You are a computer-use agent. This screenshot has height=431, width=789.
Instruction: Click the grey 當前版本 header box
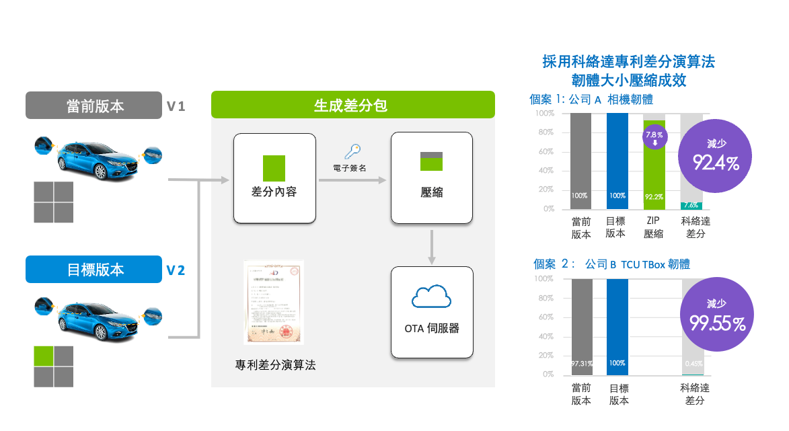(x=93, y=106)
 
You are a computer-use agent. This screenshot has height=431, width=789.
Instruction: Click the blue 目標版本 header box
(x=93, y=270)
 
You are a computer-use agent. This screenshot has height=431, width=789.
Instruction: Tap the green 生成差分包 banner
(x=352, y=105)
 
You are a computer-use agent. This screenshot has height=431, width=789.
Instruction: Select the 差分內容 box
(x=274, y=178)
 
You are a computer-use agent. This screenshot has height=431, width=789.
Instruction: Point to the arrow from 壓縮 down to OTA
(x=431, y=245)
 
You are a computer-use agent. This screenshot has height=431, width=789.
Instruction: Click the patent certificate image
(x=274, y=302)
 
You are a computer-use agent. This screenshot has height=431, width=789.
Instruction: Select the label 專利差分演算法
(x=275, y=365)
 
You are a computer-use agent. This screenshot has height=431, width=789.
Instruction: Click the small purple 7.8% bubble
(x=654, y=138)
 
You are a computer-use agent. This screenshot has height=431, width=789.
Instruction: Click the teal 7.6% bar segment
(x=691, y=206)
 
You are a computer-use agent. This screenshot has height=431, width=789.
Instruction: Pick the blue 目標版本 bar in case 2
(x=617, y=327)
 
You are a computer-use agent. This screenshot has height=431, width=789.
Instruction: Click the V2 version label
(x=176, y=270)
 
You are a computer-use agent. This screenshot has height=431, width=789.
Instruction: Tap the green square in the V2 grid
(x=44, y=355)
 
